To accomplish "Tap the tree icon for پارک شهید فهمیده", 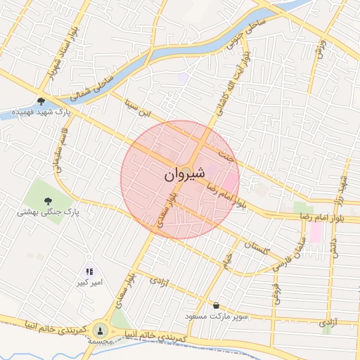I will point(41,101).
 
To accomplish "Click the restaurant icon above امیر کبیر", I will point(89,271).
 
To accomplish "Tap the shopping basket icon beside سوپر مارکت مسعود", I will point(214,306).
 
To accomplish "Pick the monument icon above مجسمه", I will point(101,329).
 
